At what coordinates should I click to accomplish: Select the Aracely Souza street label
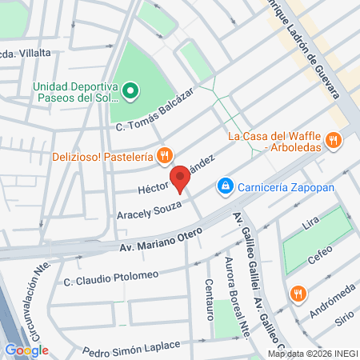(150, 213)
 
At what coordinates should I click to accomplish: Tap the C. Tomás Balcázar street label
(155, 112)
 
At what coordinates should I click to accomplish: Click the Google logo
(26, 350)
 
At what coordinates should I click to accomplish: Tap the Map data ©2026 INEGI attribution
(313, 354)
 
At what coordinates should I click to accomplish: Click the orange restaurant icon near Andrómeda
(298, 293)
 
